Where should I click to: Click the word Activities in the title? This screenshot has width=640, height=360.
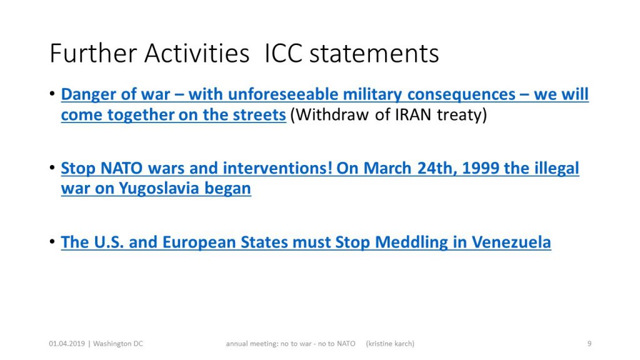[x=197, y=54]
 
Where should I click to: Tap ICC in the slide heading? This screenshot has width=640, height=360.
[x=283, y=54]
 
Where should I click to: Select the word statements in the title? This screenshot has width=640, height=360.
[x=374, y=54]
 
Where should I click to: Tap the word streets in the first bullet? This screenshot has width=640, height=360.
[x=259, y=115]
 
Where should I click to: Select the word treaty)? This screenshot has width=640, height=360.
[x=462, y=115]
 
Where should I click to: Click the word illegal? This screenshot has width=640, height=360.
[x=556, y=168]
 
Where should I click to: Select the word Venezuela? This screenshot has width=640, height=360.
[x=511, y=242]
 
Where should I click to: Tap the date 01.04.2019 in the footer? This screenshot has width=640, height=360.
[x=67, y=344]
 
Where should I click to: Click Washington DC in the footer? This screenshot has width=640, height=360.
[x=118, y=344]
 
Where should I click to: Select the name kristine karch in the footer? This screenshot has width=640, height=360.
[x=390, y=344]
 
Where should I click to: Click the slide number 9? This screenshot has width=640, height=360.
[x=589, y=344]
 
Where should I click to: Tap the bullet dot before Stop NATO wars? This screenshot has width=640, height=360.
[x=52, y=167]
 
